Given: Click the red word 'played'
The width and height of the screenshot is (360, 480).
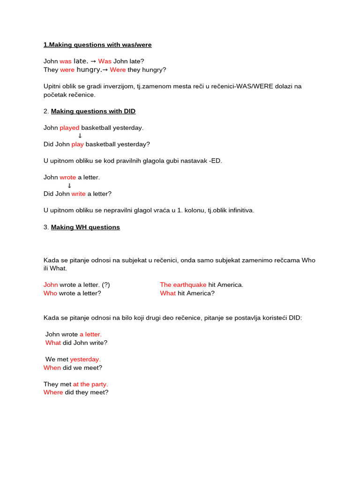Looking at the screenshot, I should click(69, 127).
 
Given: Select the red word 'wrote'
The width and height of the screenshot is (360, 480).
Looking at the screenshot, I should click(67, 177).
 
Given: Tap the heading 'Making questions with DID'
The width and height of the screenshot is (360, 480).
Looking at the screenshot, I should click(93, 111).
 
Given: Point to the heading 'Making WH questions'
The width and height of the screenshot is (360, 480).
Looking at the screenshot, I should click(85, 227).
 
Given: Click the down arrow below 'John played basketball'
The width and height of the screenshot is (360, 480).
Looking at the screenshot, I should click(80, 136).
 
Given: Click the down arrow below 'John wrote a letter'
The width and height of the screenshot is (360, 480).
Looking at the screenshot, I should click(69, 186).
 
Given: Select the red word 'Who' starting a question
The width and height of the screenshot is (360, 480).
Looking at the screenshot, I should click(50, 293).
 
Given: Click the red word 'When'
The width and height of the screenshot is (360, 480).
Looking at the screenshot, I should click(52, 367).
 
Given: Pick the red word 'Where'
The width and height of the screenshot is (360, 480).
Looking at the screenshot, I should click(53, 392).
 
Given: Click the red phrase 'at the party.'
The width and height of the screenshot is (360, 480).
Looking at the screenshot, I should click(90, 384).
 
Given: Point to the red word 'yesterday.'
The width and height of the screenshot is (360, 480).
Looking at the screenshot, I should click(85, 359).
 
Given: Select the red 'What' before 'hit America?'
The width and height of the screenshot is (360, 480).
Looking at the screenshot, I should click(168, 293).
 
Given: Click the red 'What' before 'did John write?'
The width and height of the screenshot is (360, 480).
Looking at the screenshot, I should click(53, 343).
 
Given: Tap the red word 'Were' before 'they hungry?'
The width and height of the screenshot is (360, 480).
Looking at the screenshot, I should click(118, 70).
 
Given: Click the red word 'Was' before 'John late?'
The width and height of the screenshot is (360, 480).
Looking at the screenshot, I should click(105, 61).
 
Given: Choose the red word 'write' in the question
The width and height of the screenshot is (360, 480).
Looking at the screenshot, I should click(78, 194).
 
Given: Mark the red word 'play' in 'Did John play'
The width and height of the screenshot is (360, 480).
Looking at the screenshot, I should click(77, 144).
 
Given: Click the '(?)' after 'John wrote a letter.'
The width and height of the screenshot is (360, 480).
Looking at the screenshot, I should click(106, 285).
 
